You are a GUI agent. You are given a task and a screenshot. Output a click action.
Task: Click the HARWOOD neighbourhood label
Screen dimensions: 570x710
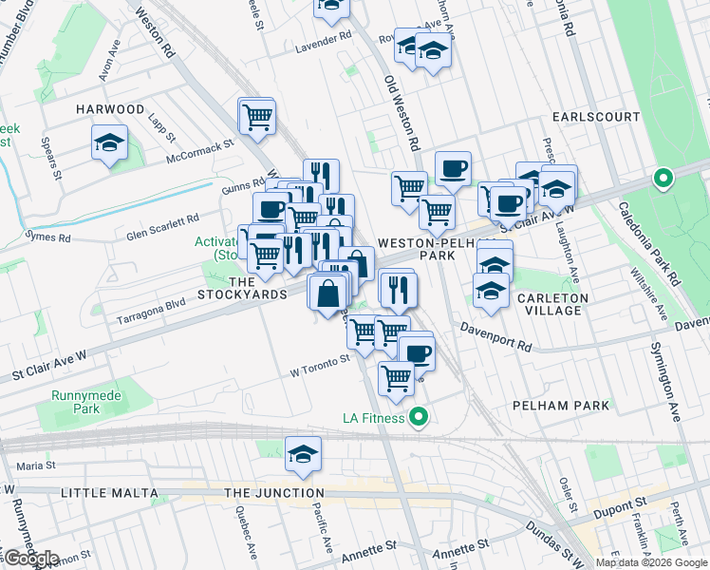(110, 110)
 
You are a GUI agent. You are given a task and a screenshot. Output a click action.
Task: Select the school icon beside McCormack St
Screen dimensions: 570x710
(110, 144)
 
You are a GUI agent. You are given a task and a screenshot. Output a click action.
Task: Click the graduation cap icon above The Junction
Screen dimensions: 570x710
(303, 455)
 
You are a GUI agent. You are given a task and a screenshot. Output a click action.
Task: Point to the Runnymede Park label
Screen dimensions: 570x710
(73, 403)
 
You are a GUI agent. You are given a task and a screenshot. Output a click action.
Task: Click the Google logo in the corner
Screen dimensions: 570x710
(30, 559)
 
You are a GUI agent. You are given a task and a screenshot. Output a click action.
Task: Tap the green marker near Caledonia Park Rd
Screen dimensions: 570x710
(662, 178)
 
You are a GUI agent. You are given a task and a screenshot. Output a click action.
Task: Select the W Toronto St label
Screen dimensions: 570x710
(319, 364)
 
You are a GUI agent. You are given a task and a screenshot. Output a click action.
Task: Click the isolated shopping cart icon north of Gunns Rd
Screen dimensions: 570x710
(256, 117)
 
